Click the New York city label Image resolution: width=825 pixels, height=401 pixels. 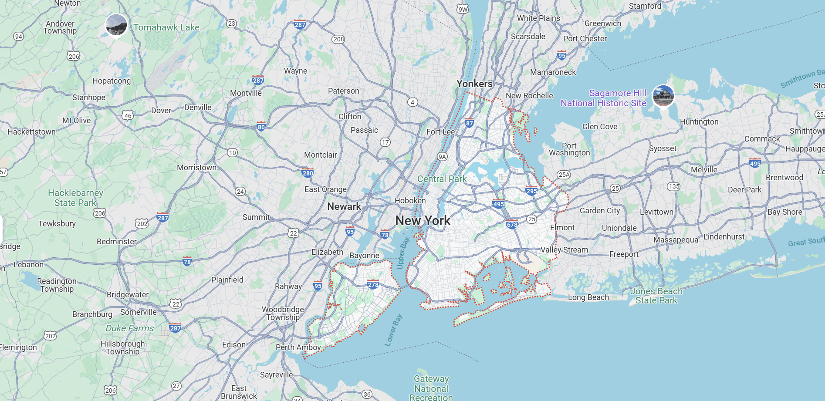tap(423, 221)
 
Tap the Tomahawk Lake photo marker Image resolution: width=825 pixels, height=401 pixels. tap(116, 25)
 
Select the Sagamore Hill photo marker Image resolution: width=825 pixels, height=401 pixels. tap(663, 95)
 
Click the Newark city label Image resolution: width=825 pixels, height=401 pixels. tap(344, 206)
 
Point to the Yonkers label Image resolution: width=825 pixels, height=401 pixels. tap(474, 84)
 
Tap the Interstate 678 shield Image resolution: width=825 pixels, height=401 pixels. tap(512, 225)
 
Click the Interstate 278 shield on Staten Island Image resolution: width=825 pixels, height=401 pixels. tap(373, 285)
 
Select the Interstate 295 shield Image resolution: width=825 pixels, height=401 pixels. tap(531, 191)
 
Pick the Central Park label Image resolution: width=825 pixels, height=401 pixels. tap(441, 179)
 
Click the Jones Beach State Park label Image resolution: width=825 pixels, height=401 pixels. tap(656, 296)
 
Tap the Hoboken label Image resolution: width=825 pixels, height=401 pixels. tap(410, 201)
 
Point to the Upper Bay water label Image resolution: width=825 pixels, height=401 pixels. tap(403, 253)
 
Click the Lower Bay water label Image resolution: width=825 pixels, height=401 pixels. tap(393, 330)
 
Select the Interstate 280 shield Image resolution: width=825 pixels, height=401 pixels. tap(308, 173)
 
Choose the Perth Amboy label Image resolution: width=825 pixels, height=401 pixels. tap(298, 347)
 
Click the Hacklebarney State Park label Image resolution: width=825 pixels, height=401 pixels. tap(75, 198)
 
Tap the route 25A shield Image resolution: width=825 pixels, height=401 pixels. tap(564, 175)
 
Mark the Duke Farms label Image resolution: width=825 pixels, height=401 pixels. tap(129, 328)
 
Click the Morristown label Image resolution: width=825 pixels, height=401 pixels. tap(196, 168)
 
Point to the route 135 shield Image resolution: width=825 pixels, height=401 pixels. tap(673, 186)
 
